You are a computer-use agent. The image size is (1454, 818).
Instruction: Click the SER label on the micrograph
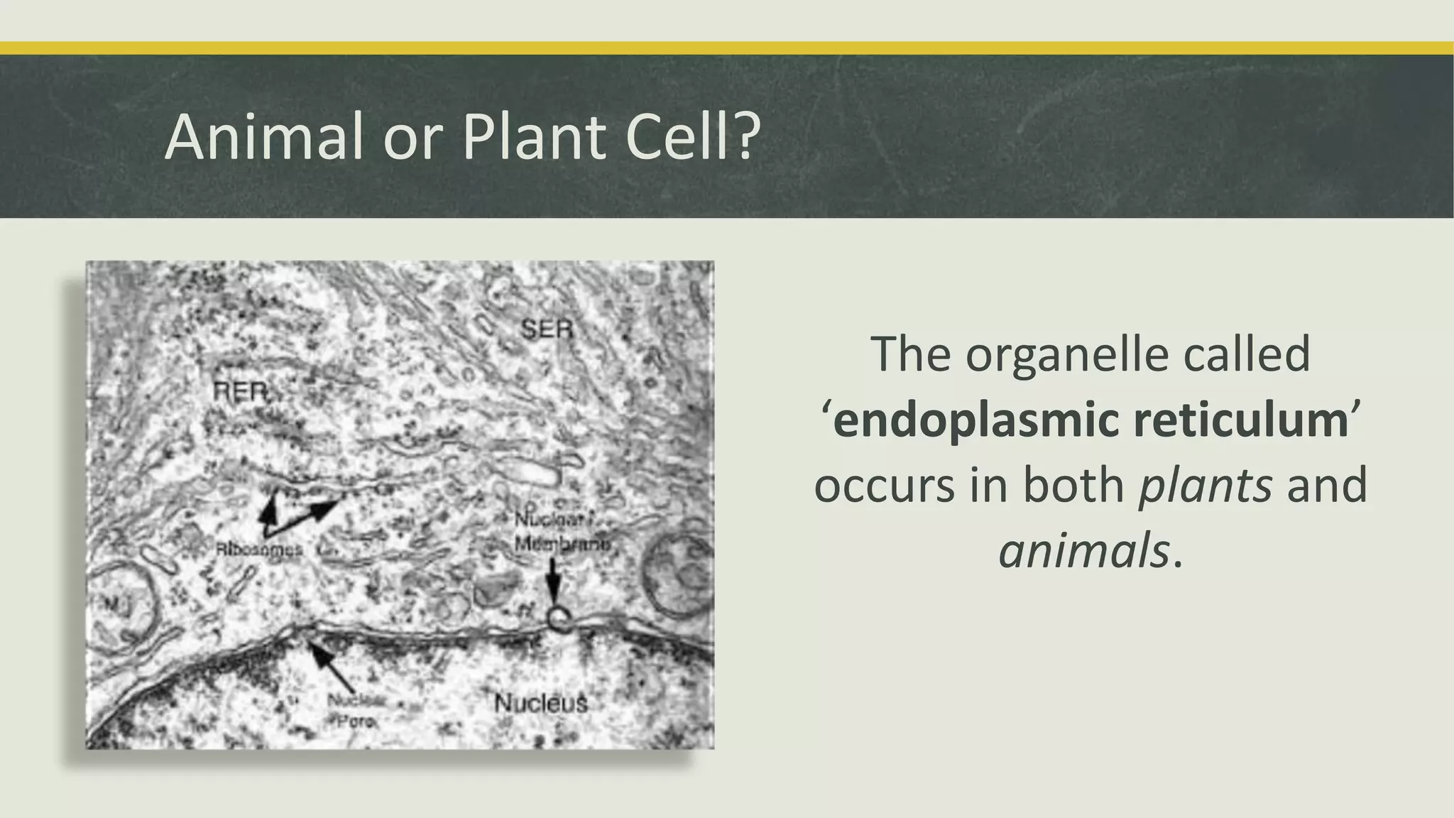tap(547, 329)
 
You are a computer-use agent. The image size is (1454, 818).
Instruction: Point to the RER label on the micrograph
tap(241, 391)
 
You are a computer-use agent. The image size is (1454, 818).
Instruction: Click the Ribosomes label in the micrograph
tap(258, 549)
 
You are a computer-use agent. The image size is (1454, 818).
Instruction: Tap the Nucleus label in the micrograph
tap(541, 704)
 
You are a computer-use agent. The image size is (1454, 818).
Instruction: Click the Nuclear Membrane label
tap(561, 532)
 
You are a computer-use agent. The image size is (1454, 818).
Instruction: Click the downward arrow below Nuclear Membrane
tap(553, 586)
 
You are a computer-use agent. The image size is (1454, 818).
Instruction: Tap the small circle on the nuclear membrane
tap(559, 620)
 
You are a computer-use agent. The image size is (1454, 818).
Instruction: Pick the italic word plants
tap(1205, 486)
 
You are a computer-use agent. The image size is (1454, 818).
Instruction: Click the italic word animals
tap(1083, 551)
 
